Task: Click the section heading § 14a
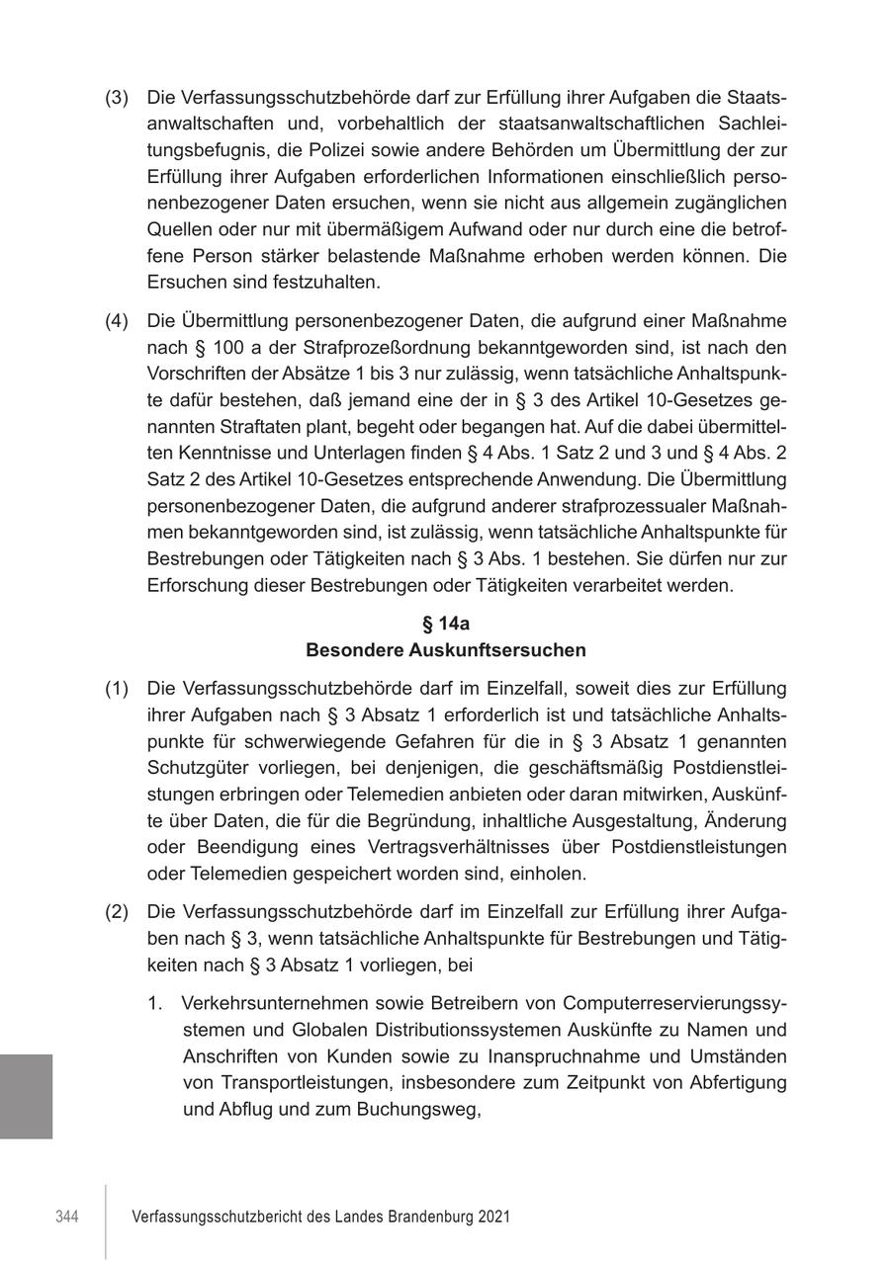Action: [445, 624]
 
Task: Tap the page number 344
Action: [67, 1218]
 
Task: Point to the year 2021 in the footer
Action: [492, 1218]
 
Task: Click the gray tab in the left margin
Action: [26, 1096]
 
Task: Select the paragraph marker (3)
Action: [117, 98]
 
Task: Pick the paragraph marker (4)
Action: [117, 321]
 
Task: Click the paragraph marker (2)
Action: [117, 911]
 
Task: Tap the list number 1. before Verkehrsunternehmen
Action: [155, 1003]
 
